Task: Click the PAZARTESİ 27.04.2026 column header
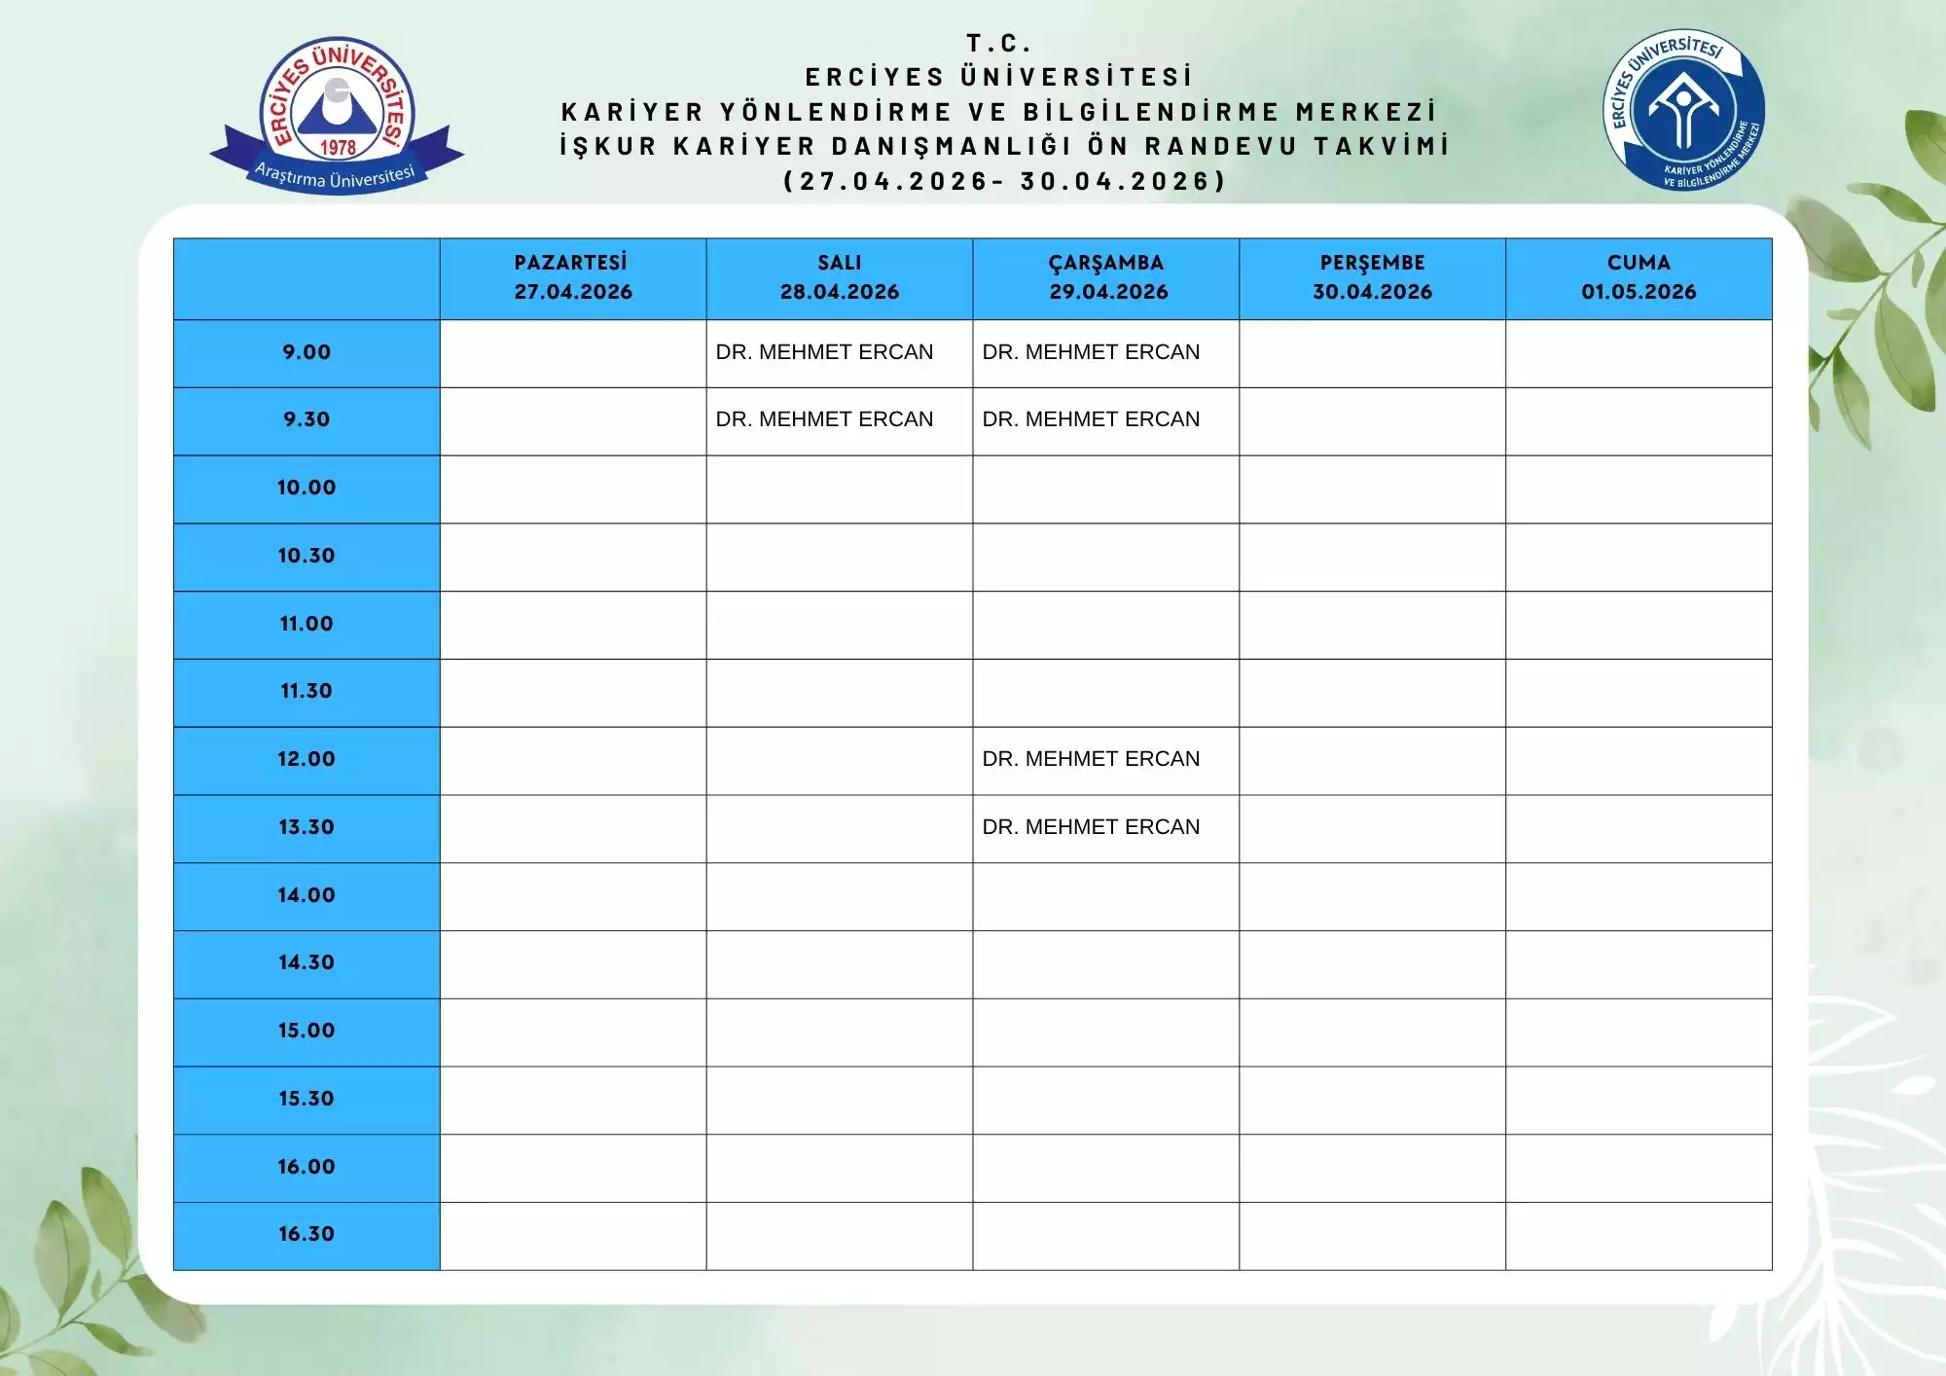coord(572,277)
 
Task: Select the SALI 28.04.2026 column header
coord(839,277)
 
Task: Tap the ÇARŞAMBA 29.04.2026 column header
coord(1106,277)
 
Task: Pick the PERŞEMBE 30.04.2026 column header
coord(1372,277)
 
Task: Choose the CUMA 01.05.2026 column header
coord(1639,277)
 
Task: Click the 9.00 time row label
coord(306,352)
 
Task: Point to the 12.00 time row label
coord(306,759)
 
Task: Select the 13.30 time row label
coord(306,827)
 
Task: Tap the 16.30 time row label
coord(306,1234)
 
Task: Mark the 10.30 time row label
coord(306,556)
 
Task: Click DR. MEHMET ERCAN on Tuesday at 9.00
coord(824,352)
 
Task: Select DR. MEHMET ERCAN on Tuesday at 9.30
coord(824,419)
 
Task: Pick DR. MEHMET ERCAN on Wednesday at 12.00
coord(1091,759)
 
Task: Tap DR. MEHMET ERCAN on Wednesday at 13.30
coord(1091,827)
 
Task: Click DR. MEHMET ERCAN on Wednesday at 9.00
coord(1091,352)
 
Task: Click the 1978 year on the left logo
coord(338,148)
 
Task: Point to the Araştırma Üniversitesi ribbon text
coord(335,176)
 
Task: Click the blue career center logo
coord(1683,110)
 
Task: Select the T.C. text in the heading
coord(998,44)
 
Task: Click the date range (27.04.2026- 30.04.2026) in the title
coord(1005,181)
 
